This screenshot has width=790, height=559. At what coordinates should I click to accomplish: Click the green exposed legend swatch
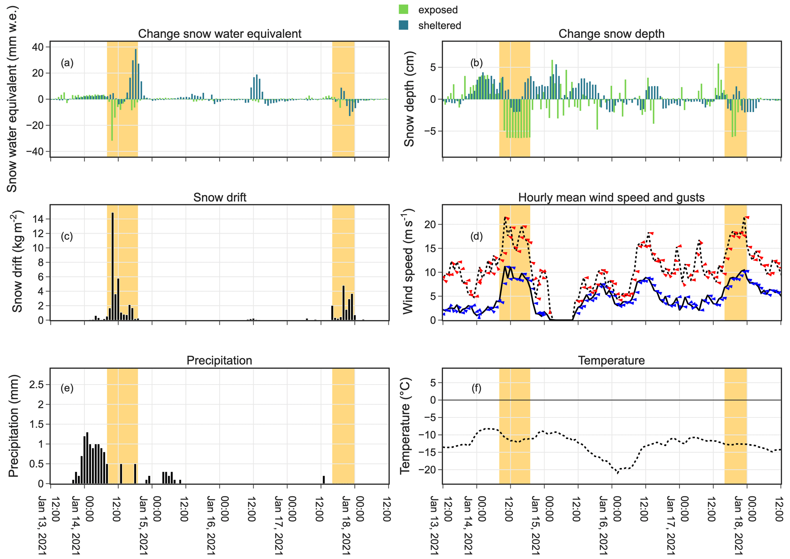(x=403, y=10)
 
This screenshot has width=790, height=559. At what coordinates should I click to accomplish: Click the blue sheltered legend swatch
(x=403, y=25)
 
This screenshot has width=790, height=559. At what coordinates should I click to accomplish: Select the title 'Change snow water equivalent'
(x=219, y=34)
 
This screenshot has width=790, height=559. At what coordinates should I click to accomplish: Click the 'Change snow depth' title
(x=611, y=34)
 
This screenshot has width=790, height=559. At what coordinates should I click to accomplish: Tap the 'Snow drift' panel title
(x=219, y=197)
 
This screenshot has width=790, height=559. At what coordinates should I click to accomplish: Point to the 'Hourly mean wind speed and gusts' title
(x=611, y=197)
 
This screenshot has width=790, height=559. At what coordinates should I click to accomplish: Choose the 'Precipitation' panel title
(x=219, y=360)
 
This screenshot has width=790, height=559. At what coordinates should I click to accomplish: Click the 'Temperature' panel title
(x=611, y=360)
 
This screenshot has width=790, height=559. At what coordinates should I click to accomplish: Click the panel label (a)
(x=67, y=63)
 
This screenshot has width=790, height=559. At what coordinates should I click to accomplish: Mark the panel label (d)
(x=476, y=236)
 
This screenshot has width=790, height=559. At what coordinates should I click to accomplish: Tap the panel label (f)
(x=476, y=388)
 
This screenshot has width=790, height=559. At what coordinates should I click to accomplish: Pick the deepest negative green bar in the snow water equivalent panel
(x=112, y=120)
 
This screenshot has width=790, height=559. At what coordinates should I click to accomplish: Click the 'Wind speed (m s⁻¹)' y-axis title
(x=408, y=262)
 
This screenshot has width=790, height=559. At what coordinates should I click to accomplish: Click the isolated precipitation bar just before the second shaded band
(x=324, y=480)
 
